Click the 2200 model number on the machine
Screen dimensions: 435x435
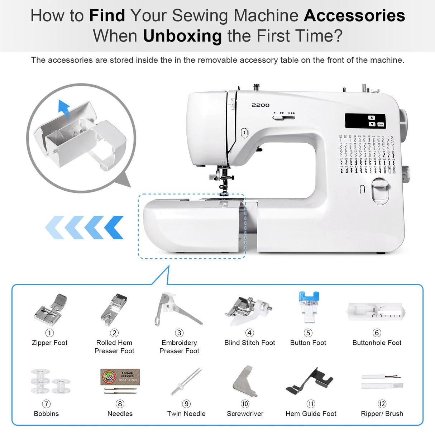coord(260,105)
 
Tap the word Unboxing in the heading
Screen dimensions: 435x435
coord(182,36)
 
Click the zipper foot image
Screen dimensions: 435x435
coord(51,309)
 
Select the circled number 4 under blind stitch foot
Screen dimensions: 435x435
coord(249,333)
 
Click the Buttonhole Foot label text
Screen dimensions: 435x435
coord(377,343)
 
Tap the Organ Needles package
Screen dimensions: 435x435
coord(120,377)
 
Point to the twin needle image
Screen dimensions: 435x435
coord(186,381)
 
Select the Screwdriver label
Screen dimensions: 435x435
coord(245,414)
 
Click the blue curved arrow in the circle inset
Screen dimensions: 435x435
coord(64,110)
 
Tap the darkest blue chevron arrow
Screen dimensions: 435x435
coord(114,228)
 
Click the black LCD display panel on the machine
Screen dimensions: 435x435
coord(365,121)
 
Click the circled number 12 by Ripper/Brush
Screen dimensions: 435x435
coord(382,404)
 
